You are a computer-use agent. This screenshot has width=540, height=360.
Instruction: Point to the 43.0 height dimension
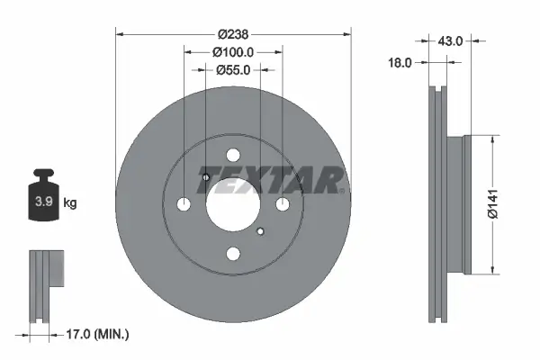click(x=449, y=40)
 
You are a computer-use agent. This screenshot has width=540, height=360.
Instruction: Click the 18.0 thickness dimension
click(x=400, y=63)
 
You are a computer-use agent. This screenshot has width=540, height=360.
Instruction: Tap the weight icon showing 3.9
click(x=43, y=200)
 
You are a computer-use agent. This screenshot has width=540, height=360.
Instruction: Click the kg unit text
click(x=69, y=202)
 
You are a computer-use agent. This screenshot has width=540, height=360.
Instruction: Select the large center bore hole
click(x=232, y=204)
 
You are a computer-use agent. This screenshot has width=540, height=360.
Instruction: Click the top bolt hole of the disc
click(x=232, y=155)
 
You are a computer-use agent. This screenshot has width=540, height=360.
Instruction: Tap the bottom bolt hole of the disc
click(x=232, y=255)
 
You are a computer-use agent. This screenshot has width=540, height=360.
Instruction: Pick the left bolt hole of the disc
click(x=184, y=204)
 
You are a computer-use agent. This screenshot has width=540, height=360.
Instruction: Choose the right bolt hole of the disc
click(x=282, y=204)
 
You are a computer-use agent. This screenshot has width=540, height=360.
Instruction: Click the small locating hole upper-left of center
click(x=205, y=176)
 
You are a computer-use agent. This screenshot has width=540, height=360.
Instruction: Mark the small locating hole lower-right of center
click(x=260, y=233)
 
